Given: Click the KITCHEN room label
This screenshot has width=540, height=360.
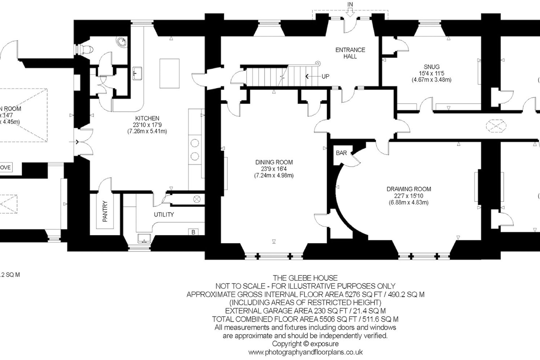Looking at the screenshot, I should [147, 118].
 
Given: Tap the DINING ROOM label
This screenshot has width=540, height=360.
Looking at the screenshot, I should [274, 162].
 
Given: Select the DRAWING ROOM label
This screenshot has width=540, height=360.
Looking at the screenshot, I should [409, 189].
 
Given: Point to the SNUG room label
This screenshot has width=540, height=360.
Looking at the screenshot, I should [431, 67].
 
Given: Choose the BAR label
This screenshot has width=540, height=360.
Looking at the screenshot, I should [341, 153].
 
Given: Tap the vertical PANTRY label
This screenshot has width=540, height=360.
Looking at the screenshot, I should [105, 211].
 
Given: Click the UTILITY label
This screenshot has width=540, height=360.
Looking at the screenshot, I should [164, 215].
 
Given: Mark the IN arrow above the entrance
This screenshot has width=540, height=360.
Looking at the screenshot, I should [350, 11].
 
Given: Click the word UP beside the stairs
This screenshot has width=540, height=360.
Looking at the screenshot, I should [325, 76].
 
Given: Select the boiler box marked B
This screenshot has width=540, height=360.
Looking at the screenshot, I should [193, 232].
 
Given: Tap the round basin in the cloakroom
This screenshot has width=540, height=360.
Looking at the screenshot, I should [122, 42].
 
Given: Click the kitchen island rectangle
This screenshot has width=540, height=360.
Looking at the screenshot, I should [169, 73].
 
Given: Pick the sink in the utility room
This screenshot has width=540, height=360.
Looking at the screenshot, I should [144, 238].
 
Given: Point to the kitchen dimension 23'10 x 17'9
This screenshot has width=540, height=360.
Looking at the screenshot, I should [147, 125].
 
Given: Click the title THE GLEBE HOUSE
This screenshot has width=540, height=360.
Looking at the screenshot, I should [305, 278].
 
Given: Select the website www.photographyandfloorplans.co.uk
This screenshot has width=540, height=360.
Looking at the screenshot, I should [305, 352].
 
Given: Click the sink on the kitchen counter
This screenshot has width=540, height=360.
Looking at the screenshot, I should [137, 73].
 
